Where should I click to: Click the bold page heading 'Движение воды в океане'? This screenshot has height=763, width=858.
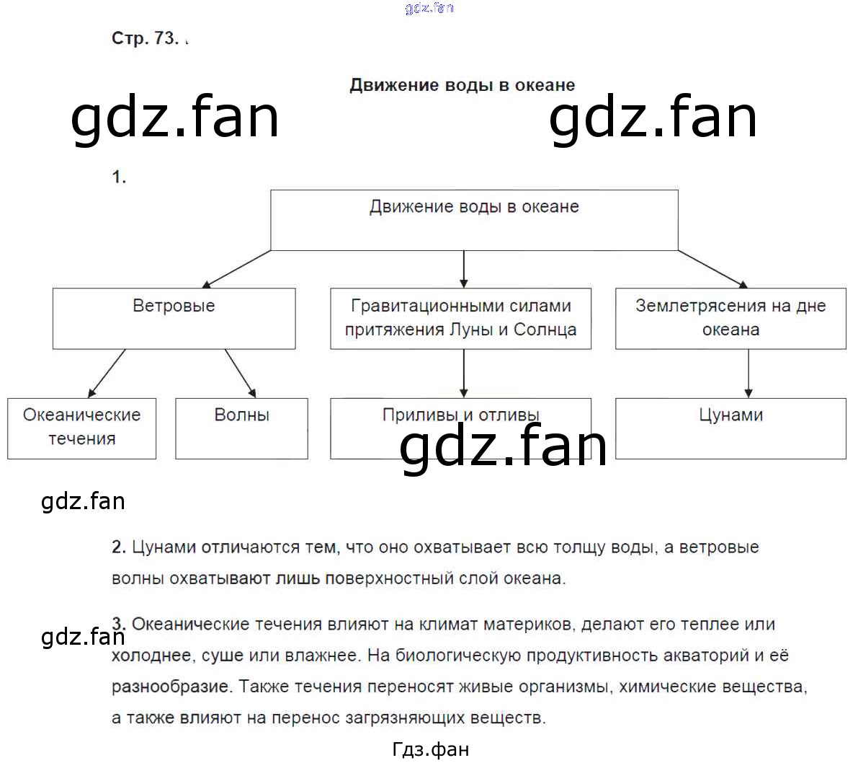tap(462, 85)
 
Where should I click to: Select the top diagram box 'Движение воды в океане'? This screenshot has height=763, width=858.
tap(474, 219)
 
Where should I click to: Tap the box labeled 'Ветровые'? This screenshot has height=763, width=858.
tap(174, 318)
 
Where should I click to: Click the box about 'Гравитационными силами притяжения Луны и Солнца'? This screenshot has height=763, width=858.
tap(460, 318)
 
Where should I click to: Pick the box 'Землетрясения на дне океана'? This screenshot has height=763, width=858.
tap(730, 318)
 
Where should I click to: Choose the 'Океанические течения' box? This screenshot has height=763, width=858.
tap(81, 428)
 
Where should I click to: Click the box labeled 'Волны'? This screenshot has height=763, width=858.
tap(241, 428)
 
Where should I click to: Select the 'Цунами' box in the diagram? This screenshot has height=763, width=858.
tap(730, 428)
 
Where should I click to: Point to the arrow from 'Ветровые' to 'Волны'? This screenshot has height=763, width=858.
tap(241, 374)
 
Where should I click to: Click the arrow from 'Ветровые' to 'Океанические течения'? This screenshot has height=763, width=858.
tap(107, 374)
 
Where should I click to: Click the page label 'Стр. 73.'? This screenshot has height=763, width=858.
tap(145, 38)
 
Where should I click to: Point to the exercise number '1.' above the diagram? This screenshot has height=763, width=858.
tap(119, 177)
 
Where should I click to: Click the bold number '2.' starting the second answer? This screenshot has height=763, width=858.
tap(119, 547)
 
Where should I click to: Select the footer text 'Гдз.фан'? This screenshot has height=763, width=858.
tap(431, 750)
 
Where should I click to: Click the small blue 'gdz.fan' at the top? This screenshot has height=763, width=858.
tap(429, 8)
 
